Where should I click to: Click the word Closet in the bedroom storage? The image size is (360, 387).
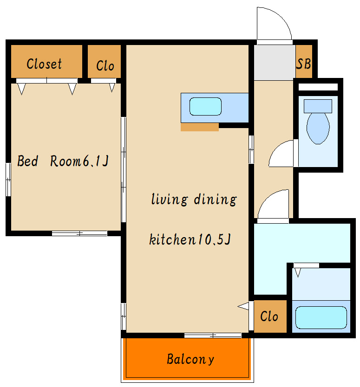pyautogui.click(x=44, y=64)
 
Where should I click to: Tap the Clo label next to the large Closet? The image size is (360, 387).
pyautogui.click(x=105, y=65)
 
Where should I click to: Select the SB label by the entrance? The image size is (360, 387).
pyautogui.click(x=303, y=64)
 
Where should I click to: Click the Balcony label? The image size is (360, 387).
pyautogui.click(x=190, y=359)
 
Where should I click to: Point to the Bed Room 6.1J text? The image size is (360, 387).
pyautogui.click(x=63, y=161)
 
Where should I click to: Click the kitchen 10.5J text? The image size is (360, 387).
pyautogui.click(x=190, y=239)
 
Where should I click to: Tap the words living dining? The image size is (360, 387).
pyautogui.click(x=194, y=200)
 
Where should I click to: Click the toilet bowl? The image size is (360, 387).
pyautogui.click(x=318, y=128)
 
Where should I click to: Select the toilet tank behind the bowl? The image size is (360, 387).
pyautogui.click(x=318, y=106)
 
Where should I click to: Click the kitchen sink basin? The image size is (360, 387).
pyautogui.click(x=205, y=106)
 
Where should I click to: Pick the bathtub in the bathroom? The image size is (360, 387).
pyautogui.click(x=321, y=317)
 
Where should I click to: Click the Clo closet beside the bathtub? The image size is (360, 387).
pyautogui.click(x=270, y=316)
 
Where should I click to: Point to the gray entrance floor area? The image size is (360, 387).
pyautogui.click(x=275, y=63)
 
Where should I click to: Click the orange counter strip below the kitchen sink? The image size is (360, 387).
pyautogui.click(x=200, y=127)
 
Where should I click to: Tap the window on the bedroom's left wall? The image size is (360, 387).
pyautogui.click(x=8, y=180)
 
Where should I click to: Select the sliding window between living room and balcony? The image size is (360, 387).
pyautogui.click(x=213, y=335)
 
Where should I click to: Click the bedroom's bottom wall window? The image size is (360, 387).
pyautogui.click(x=79, y=233)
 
